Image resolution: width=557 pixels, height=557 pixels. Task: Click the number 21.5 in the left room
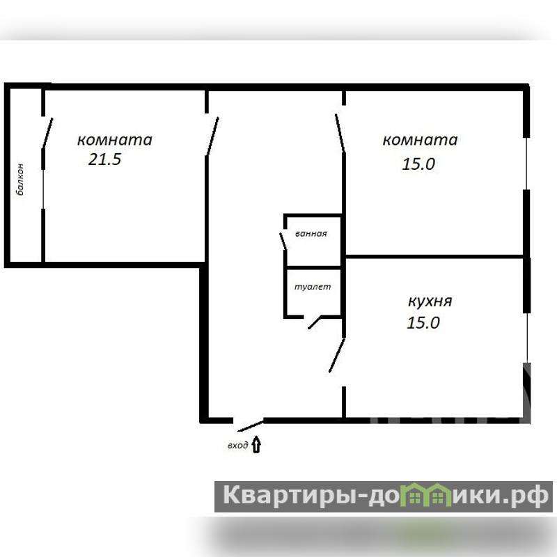point(105,159)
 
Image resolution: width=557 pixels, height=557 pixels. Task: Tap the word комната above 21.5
point(115,140)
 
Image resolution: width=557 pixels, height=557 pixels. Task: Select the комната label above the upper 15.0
point(420,140)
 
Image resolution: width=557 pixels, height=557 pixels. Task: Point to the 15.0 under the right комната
point(418,164)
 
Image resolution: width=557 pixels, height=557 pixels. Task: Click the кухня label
point(430,301)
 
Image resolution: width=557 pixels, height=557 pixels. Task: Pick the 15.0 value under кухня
point(423,322)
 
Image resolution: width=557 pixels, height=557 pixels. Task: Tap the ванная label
point(311,234)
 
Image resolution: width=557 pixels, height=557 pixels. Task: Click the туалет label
point(313,287)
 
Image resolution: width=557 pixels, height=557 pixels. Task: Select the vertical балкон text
point(20,180)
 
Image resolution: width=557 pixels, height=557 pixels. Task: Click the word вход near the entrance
point(237,446)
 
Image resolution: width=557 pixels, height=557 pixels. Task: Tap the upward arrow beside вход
point(256,445)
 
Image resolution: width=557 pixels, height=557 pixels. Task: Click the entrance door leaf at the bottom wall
point(251,426)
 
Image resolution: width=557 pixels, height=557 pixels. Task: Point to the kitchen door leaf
point(337,356)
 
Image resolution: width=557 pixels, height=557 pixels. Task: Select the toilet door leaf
point(315,322)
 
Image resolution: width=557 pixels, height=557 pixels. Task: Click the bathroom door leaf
point(283,241)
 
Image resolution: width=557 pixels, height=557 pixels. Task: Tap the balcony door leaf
point(47,133)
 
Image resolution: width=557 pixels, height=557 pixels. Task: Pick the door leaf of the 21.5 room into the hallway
point(212,136)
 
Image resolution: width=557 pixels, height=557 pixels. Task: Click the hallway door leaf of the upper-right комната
point(340,133)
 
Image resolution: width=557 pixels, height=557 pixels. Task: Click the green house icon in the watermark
point(425,494)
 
